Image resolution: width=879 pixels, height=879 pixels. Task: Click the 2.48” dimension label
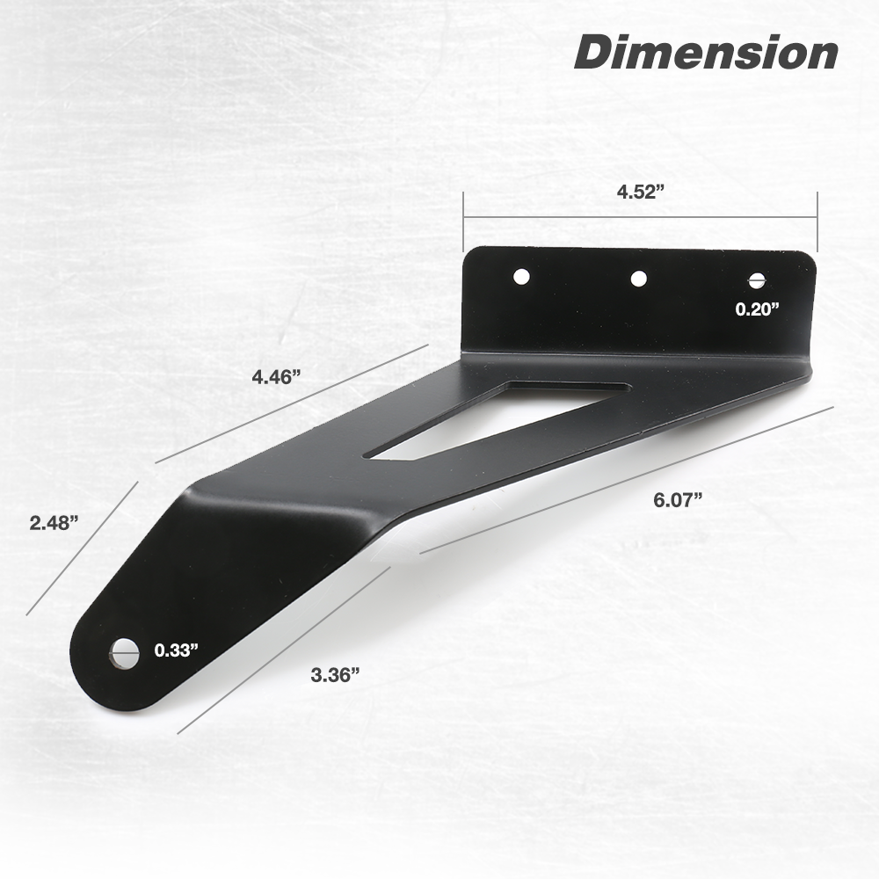(x=54, y=523)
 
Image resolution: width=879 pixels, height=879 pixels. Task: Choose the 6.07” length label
(x=678, y=500)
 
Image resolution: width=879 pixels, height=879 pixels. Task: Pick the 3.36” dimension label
(x=335, y=675)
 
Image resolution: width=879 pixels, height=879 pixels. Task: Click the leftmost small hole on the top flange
(x=521, y=276)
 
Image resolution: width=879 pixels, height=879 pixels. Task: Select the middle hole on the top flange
(x=639, y=279)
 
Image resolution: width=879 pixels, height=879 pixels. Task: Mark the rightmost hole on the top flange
(x=757, y=281)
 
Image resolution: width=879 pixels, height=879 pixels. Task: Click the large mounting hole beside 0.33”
(x=125, y=652)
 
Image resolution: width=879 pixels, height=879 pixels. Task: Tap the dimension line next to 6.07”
(x=626, y=480)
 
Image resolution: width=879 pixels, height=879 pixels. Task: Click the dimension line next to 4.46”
(x=290, y=403)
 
